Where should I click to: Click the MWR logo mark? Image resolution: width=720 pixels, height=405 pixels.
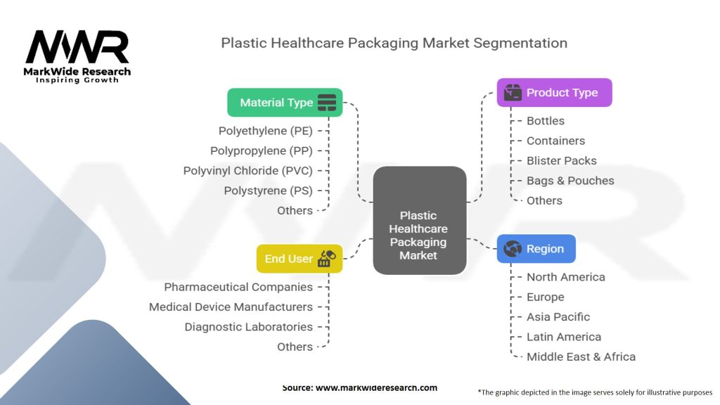click(77, 48)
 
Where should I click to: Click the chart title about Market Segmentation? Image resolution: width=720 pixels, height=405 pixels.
click(394, 43)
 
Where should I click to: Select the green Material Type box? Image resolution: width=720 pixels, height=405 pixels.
click(285, 103)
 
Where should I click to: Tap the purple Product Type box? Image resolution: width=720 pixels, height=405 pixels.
click(554, 93)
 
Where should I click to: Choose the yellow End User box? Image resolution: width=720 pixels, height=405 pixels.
click(299, 259)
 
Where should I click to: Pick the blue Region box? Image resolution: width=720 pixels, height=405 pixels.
click(536, 249)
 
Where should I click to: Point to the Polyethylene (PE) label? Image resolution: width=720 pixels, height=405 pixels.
click(265, 131)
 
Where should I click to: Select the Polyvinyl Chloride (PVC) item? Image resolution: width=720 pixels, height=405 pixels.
click(247, 171)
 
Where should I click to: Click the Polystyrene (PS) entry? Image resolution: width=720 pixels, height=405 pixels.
click(268, 191)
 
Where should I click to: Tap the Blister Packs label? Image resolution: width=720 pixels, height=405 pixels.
click(561, 160)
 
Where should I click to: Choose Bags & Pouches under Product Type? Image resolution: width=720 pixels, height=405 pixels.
click(570, 181)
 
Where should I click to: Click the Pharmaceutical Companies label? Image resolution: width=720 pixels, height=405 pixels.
click(238, 287)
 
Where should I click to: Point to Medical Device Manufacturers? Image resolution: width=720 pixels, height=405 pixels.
click(231, 307)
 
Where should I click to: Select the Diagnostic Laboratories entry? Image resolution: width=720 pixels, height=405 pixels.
click(248, 327)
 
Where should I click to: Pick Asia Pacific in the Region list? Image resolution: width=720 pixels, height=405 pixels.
click(558, 317)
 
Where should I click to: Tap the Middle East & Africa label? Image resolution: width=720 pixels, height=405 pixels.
click(581, 357)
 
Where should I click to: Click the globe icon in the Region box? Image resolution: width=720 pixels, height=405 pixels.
click(513, 249)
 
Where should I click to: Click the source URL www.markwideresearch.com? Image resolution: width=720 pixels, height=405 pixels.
click(376, 388)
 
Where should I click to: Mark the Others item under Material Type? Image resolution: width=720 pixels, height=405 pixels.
click(295, 211)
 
